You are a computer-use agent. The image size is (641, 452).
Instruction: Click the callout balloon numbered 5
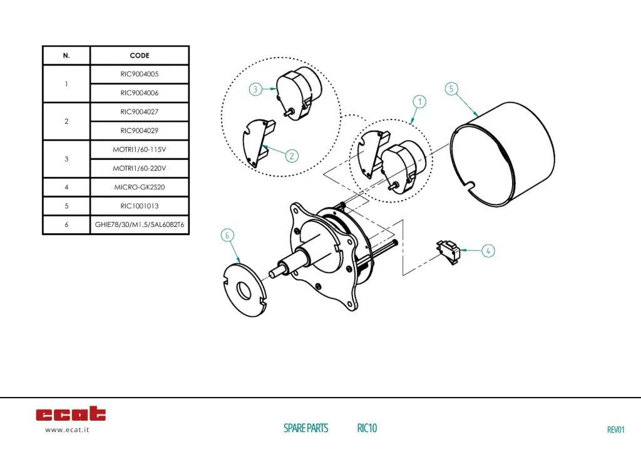451,89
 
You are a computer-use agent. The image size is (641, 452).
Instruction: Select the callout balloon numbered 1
419,101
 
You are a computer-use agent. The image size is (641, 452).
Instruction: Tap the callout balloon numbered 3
255,89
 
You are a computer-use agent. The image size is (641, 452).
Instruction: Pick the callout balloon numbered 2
292,156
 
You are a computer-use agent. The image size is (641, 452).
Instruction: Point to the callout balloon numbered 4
488,251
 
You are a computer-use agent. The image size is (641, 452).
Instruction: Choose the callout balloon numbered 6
228,235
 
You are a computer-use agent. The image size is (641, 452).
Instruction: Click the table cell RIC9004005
140,74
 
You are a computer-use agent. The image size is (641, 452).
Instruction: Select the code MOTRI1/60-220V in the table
140,168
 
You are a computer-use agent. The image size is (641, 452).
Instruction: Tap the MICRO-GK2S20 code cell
140,187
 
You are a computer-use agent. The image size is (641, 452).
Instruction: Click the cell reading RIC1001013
140,206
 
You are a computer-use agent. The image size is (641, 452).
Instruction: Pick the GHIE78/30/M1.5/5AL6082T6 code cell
140,224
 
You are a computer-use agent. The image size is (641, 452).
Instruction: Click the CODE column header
140,56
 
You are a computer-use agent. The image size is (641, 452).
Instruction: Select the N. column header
66,56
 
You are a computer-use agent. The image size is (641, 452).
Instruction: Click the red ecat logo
71,414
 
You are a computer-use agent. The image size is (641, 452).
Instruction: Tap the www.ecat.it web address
67,430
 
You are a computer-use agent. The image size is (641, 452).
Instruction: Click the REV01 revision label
616,429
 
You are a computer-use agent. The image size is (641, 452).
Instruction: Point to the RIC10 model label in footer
367,428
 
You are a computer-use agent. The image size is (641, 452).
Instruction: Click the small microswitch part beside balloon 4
449,251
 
